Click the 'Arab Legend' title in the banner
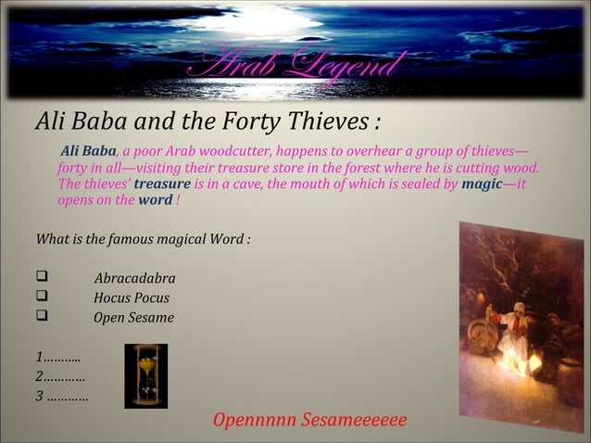pyautogui.click(x=295, y=66)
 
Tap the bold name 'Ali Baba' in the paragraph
pyautogui.click(x=88, y=151)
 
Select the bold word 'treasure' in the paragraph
pyautogui.click(x=162, y=184)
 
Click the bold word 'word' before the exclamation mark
pyautogui.click(x=155, y=200)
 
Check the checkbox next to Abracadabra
pyautogui.click(x=42, y=278)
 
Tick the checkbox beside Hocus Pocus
pyautogui.click(x=42, y=297)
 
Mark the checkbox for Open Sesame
pyautogui.click(x=42, y=317)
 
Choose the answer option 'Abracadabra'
pyautogui.click(x=134, y=279)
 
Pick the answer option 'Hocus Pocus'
pyautogui.click(x=131, y=298)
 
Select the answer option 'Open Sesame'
pyautogui.click(x=133, y=318)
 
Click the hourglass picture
pyautogui.click(x=145, y=375)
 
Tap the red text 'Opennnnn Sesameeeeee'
pyautogui.click(x=309, y=420)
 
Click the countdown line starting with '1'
pyautogui.click(x=57, y=357)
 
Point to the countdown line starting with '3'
pyautogui.click(x=61, y=397)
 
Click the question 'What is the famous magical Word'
pyautogui.click(x=143, y=239)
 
